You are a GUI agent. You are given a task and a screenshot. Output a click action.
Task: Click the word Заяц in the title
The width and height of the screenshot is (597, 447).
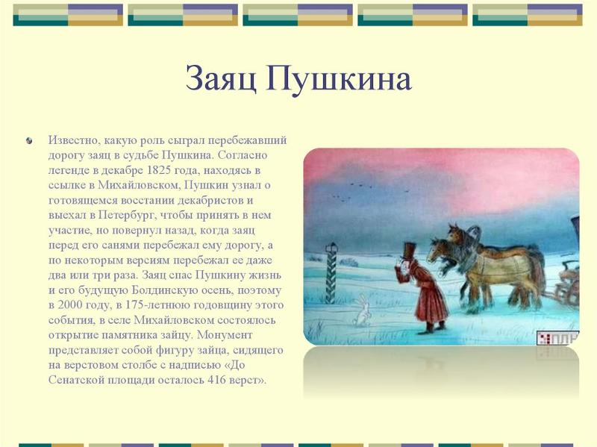(x=220, y=79)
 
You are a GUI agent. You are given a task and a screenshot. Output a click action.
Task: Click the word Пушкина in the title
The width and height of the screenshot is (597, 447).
(x=339, y=78)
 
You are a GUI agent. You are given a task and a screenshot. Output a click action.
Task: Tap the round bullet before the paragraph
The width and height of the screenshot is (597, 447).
(x=29, y=141)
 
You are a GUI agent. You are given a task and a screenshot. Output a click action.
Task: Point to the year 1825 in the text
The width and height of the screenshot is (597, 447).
(x=158, y=170)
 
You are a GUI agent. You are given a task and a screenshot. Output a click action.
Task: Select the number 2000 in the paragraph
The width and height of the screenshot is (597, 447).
(x=70, y=305)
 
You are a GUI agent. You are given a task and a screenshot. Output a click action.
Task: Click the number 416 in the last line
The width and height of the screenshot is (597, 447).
(x=216, y=380)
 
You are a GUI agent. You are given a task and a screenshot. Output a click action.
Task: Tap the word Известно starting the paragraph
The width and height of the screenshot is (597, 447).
(x=72, y=140)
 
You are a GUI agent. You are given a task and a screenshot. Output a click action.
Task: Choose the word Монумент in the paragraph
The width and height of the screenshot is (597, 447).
(x=225, y=334)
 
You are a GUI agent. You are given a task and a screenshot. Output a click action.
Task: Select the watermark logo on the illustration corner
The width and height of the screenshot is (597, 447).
(x=557, y=338)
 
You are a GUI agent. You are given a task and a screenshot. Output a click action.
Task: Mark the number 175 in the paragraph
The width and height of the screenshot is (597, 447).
(x=137, y=305)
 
